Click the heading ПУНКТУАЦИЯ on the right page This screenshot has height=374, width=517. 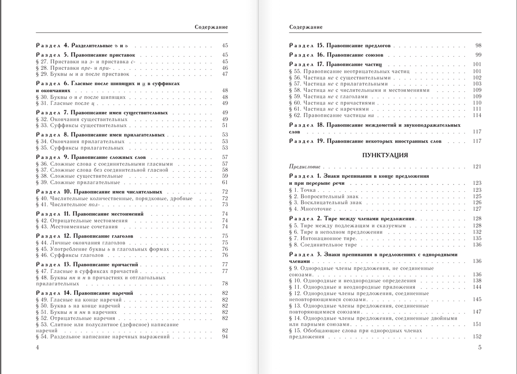(x=385, y=155)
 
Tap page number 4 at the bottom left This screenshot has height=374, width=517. (x=37, y=348)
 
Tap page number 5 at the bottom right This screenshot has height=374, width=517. (x=480, y=348)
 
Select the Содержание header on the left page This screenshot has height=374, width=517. (x=211, y=27)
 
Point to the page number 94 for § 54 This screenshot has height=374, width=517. (x=225, y=337)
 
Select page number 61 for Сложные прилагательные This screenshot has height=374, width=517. (x=225, y=182)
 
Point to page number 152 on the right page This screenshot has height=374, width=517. (x=477, y=337)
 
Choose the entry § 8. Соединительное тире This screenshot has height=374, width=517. (x=323, y=245)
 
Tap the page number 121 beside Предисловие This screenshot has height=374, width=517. (x=477, y=167)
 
